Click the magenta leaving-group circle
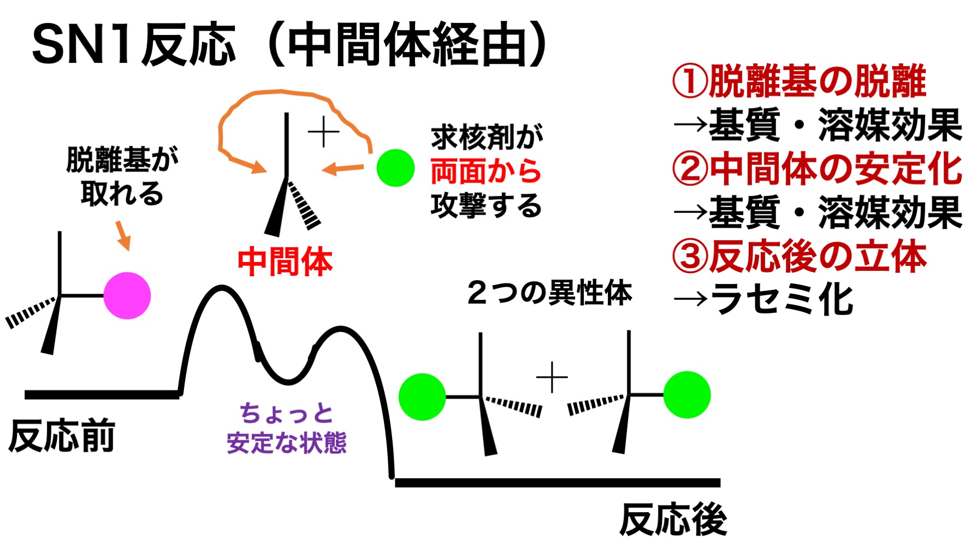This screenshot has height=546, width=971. point(127,295)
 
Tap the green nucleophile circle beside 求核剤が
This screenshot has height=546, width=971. point(395,168)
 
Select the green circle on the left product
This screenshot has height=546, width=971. point(422,396)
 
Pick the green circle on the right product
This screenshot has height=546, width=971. point(686,395)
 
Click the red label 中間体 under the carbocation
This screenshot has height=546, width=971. point(285,262)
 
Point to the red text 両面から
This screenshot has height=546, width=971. point(485,171)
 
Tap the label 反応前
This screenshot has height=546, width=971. point(62,436)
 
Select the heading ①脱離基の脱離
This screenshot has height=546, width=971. point(799,81)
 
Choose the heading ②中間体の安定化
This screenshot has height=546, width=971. point(816,169)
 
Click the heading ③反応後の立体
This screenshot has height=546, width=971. point(799,257)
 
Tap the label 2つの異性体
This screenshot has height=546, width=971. point(549,293)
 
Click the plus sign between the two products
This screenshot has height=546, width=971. point(552,377)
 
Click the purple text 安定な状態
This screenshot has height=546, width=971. point(287,443)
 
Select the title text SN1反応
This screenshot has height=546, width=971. point(134,45)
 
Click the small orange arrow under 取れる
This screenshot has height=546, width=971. point(123,235)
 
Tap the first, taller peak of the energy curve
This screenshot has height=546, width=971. point(221,288)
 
